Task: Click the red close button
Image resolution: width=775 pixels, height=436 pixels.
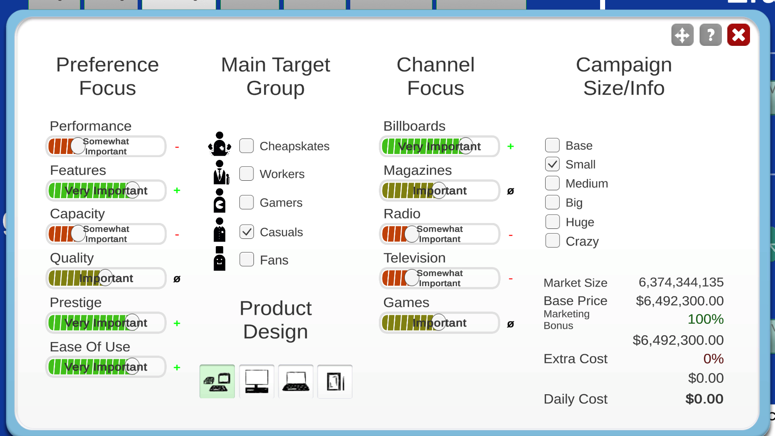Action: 738,35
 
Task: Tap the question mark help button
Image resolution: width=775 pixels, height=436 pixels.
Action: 710,35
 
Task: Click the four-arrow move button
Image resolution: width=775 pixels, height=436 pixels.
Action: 682,35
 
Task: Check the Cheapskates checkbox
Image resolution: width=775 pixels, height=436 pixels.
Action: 246,146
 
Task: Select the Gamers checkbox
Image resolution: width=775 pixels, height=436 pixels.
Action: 246,202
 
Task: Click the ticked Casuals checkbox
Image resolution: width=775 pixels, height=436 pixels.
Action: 246,232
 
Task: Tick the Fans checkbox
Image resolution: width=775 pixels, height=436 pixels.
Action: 246,259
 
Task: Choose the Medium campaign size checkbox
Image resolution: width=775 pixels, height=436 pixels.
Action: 552,183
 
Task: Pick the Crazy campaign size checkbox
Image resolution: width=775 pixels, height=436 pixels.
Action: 552,241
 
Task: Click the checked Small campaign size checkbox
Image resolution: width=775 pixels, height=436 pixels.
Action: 552,164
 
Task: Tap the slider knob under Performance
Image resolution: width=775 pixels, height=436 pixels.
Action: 78,146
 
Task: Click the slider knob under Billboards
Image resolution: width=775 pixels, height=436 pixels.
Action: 466,146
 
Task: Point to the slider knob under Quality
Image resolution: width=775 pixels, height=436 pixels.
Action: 105,278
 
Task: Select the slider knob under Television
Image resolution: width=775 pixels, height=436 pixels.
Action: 412,278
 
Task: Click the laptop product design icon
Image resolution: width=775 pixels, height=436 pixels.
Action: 295,381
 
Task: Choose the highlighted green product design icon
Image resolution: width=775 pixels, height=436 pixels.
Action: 217,381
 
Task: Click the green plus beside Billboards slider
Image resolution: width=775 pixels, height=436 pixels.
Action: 510,146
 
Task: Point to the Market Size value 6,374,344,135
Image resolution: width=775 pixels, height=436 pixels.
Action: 681,282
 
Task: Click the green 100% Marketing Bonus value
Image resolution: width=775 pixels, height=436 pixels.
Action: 705,319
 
